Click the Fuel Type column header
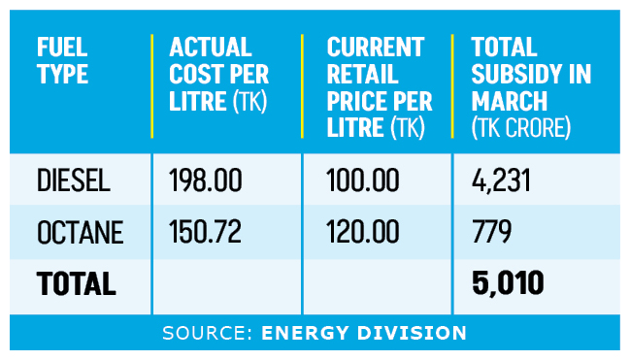62,60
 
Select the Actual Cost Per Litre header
219,74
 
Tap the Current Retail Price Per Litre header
380,87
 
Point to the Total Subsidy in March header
531,87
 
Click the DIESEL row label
74,180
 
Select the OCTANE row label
80,232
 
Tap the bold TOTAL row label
77,283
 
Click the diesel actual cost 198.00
206,180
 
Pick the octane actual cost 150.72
206,231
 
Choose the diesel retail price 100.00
363,180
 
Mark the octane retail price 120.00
363,231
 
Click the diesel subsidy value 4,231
502,180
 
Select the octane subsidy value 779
491,231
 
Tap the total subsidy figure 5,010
508,283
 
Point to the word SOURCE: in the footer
208,333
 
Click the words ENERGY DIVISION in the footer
364,333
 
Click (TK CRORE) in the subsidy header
521,128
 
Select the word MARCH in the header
509,101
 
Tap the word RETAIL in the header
362,74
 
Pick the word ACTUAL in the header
210,47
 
